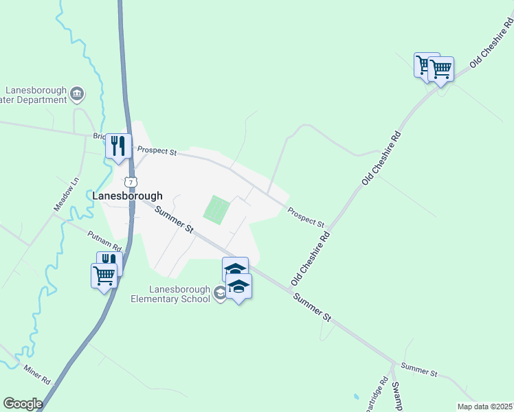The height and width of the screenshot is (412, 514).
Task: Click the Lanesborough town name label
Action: pyautogui.click(x=128, y=196)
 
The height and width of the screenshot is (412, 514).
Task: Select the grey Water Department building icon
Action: pyautogui.click(x=77, y=93)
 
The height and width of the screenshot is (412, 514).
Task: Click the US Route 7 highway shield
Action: pyautogui.click(x=131, y=182)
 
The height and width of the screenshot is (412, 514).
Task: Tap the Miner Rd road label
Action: pyautogui.click(x=38, y=374)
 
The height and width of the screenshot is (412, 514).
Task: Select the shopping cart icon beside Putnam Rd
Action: pyautogui.click(x=104, y=276)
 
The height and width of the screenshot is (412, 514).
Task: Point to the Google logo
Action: pyautogui.click(x=23, y=404)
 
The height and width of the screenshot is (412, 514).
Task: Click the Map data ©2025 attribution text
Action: pyautogui.click(x=484, y=407)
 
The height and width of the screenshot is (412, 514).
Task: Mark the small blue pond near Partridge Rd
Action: pyautogui.click(x=355, y=397)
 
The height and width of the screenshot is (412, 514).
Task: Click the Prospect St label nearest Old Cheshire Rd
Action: pyautogui.click(x=306, y=218)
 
